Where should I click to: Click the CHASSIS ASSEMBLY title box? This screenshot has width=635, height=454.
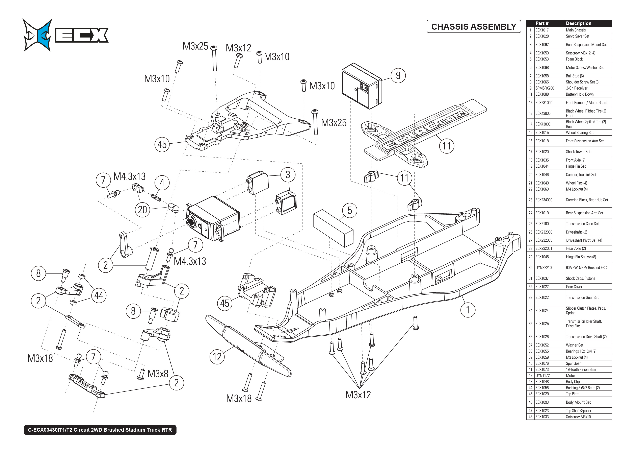(x=474, y=27)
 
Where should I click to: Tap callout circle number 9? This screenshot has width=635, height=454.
(x=398, y=75)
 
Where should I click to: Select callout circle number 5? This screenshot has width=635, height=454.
(x=350, y=211)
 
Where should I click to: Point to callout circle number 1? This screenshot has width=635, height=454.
(x=468, y=310)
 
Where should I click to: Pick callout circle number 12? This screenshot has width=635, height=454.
(x=217, y=357)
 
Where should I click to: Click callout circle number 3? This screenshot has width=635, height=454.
(x=288, y=175)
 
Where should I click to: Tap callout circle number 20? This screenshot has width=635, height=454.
(x=142, y=210)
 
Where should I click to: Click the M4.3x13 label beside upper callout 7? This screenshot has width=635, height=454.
(x=129, y=177)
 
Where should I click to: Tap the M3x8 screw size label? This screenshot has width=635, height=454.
(x=158, y=374)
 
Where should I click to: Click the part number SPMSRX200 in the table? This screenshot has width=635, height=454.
(x=545, y=88)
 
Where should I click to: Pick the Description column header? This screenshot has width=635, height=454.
(x=578, y=23)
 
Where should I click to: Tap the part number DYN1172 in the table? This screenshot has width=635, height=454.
(x=542, y=376)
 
